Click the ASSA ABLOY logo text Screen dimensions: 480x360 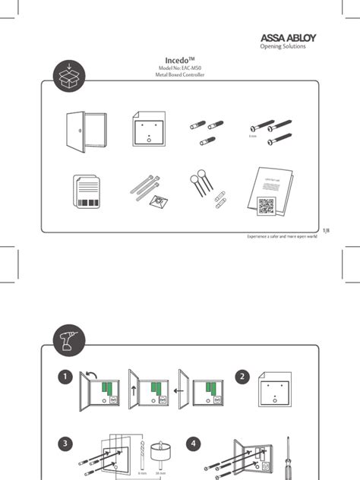[x=289, y=38]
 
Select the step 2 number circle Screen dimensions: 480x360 [x=242, y=376]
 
